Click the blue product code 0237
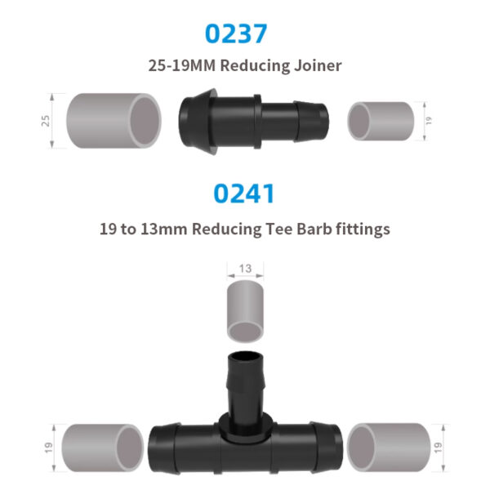237,34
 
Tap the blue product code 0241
244,194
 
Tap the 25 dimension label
47,120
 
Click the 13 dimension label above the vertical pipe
245,268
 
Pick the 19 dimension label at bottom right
442,447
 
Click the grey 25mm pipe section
113,120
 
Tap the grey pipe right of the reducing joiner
381,120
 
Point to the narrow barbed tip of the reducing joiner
314,120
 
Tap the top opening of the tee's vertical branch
244,357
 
